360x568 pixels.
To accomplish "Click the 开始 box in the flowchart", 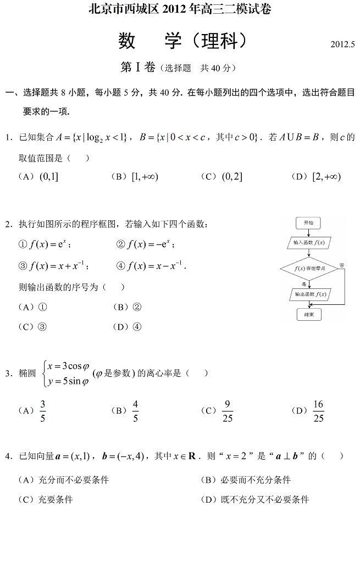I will [308, 222].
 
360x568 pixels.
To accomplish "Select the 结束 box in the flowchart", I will [308, 315].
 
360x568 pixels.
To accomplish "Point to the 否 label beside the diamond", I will [341, 265].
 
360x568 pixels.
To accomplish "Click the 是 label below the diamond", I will [304, 283].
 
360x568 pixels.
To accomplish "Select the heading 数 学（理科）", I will [180, 41].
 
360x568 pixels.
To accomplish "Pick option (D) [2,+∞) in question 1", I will [317, 176].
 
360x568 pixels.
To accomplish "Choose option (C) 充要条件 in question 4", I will [46, 499].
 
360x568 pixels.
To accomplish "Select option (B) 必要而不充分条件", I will [247, 480].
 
